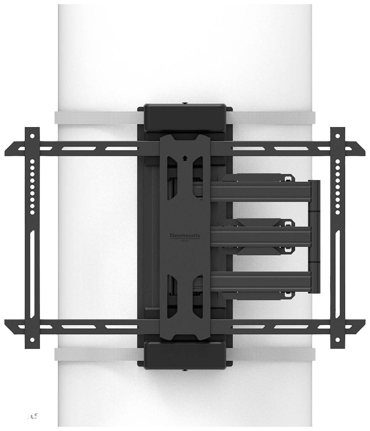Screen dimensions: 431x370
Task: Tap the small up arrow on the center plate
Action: point(185,159)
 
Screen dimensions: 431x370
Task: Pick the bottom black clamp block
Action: point(185,353)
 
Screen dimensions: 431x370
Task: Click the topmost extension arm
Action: point(261,191)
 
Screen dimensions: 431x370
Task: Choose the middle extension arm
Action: point(261,235)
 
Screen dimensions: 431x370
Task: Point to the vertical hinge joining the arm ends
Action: point(315,236)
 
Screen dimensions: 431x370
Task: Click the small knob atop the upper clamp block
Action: point(185,103)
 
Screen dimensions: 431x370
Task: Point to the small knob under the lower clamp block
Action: point(185,370)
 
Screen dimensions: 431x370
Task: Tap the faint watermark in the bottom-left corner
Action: point(33,416)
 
